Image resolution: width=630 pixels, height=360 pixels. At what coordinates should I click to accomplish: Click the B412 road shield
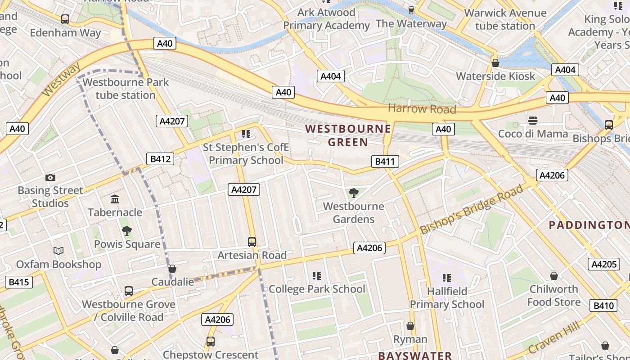(160, 159)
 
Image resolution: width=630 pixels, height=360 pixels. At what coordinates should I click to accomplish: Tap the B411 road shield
(385, 162)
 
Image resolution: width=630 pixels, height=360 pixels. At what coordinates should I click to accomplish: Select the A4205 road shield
(603, 264)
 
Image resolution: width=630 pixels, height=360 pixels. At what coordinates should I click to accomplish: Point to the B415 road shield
(19, 282)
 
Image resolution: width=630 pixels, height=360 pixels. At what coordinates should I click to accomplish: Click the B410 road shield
(603, 306)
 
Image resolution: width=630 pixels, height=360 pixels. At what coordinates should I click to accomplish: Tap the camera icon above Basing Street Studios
(50, 178)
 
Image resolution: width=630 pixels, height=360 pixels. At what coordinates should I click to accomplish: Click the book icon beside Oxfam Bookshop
(58, 251)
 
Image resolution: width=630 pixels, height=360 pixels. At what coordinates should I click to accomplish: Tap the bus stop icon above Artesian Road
(252, 242)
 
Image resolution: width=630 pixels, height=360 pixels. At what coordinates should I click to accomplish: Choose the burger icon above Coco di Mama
(533, 121)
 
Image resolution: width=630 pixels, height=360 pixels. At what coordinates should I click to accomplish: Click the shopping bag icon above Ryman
(410, 326)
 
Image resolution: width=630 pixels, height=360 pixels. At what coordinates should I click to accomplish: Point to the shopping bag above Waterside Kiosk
(495, 63)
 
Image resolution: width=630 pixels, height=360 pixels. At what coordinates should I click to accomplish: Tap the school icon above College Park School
(317, 275)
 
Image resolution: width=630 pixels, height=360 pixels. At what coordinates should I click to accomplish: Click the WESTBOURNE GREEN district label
(348, 135)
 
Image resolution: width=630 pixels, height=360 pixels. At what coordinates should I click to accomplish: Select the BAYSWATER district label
(415, 355)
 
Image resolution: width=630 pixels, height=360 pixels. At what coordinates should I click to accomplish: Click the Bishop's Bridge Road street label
(472, 209)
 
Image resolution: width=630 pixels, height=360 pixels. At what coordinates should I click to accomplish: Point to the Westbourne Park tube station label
(126, 89)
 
